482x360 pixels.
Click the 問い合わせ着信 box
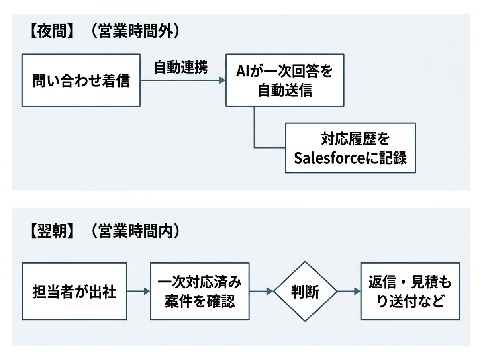[x=81, y=81]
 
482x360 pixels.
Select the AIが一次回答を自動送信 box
[x=284, y=81]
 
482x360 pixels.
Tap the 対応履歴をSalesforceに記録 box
[x=350, y=148]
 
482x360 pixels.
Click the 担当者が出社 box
[x=74, y=291]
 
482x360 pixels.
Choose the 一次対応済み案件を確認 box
[x=200, y=291]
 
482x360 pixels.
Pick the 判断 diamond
[x=305, y=291]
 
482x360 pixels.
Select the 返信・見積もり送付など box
[x=410, y=291]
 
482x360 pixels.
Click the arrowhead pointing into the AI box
[x=222, y=81]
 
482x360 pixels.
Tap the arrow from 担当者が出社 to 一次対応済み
[x=138, y=291]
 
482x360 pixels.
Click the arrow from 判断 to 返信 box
[x=348, y=291]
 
